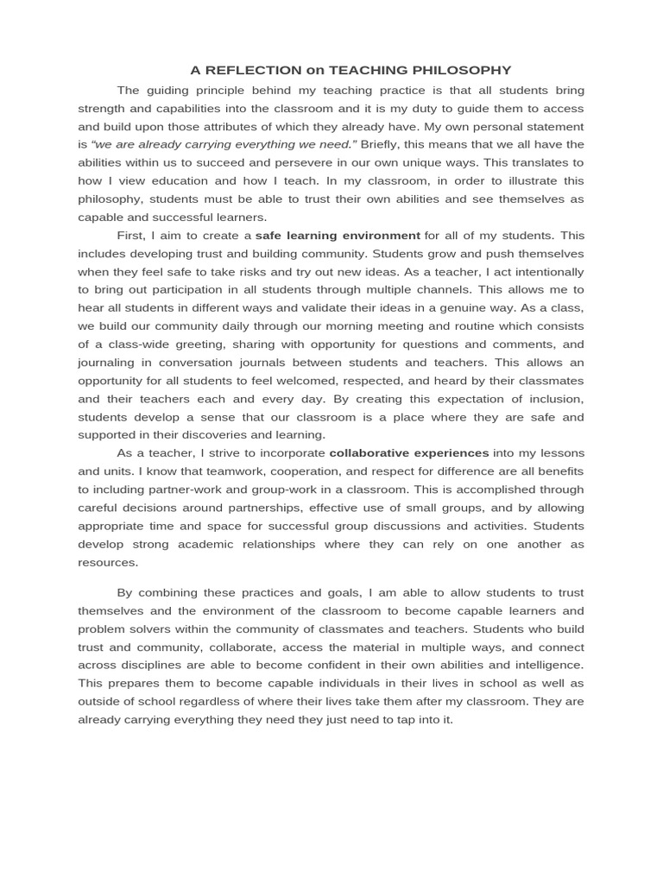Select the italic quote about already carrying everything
[x=223, y=144]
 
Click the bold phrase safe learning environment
[x=338, y=235]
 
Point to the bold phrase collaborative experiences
[x=409, y=452]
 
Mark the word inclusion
[x=555, y=398]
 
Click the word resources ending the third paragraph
[x=107, y=562]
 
